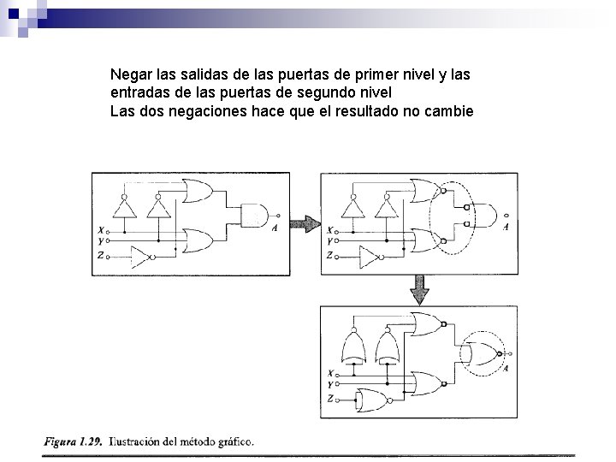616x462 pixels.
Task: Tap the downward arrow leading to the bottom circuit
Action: pyautogui.click(x=418, y=290)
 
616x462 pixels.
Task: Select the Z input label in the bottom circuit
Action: pyautogui.click(x=331, y=399)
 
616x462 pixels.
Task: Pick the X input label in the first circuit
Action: pyautogui.click(x=102, y=229)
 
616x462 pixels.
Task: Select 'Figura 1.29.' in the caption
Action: pyautogui.click(x=71, y=442)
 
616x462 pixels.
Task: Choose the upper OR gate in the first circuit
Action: pyautogui.click(x=198, y=191)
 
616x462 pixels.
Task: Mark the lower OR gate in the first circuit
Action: pyautogui.click(x=198, y=242)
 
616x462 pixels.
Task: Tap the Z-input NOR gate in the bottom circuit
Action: pyautogui.click(x=374, y=399)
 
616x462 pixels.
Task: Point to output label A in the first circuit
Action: pyautogui.click(x=274, y=228)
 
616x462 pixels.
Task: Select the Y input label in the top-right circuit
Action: pyautogui.click(x=331, y=242)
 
